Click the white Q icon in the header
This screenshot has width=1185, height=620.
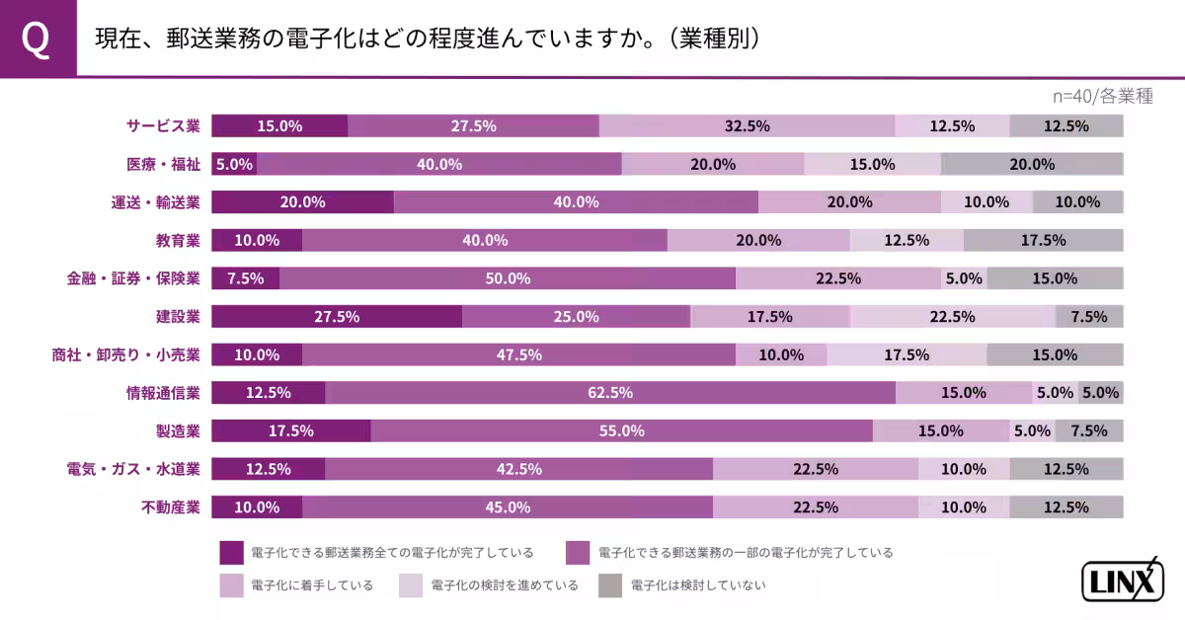point(37,39)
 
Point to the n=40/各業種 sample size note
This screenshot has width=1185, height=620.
point(1102,96)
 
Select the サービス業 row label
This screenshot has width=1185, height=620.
point(163,125)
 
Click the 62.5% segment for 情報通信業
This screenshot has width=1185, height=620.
point(609,393)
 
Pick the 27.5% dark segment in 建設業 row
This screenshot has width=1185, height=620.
point(336,317)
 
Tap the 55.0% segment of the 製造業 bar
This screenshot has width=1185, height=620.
point(621,430)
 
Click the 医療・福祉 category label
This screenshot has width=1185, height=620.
point(163,164)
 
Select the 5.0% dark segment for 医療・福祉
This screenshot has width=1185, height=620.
point(234,164)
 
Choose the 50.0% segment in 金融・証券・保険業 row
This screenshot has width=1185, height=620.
point(507,278)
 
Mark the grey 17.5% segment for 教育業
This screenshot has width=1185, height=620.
point(1043,240)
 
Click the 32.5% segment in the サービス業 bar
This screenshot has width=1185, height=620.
point(747,125)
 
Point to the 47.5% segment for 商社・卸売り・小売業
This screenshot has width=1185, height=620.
point(518,354)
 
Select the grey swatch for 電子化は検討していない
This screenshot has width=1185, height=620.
point(610,585)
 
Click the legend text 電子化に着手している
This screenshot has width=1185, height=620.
point(312,585)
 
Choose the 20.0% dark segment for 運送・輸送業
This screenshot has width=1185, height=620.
point(302,202)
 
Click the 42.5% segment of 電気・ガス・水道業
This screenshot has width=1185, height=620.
point(518,469)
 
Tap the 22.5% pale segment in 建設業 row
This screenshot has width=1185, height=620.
point(952,317)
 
